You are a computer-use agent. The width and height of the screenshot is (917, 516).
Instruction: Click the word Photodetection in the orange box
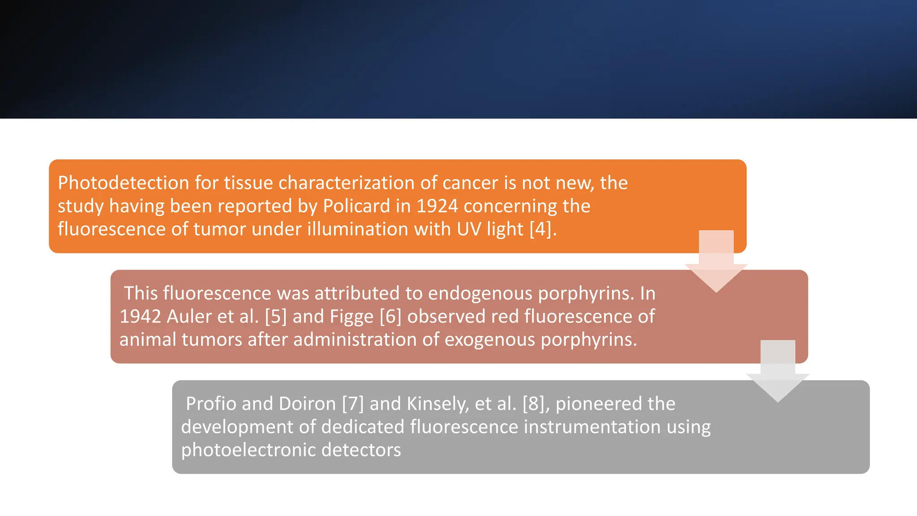[124, 183]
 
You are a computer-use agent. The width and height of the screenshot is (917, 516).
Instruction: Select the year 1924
[437, 206]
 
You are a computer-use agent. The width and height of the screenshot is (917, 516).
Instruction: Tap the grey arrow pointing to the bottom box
[778, 372]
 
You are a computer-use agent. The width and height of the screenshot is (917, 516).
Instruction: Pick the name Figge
[351, 317]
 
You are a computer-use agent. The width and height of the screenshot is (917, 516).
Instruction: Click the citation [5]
[275, 317]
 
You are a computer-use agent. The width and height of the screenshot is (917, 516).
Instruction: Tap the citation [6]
[390, 317]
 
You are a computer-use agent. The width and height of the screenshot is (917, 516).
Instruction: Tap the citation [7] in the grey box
[353, 404]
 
